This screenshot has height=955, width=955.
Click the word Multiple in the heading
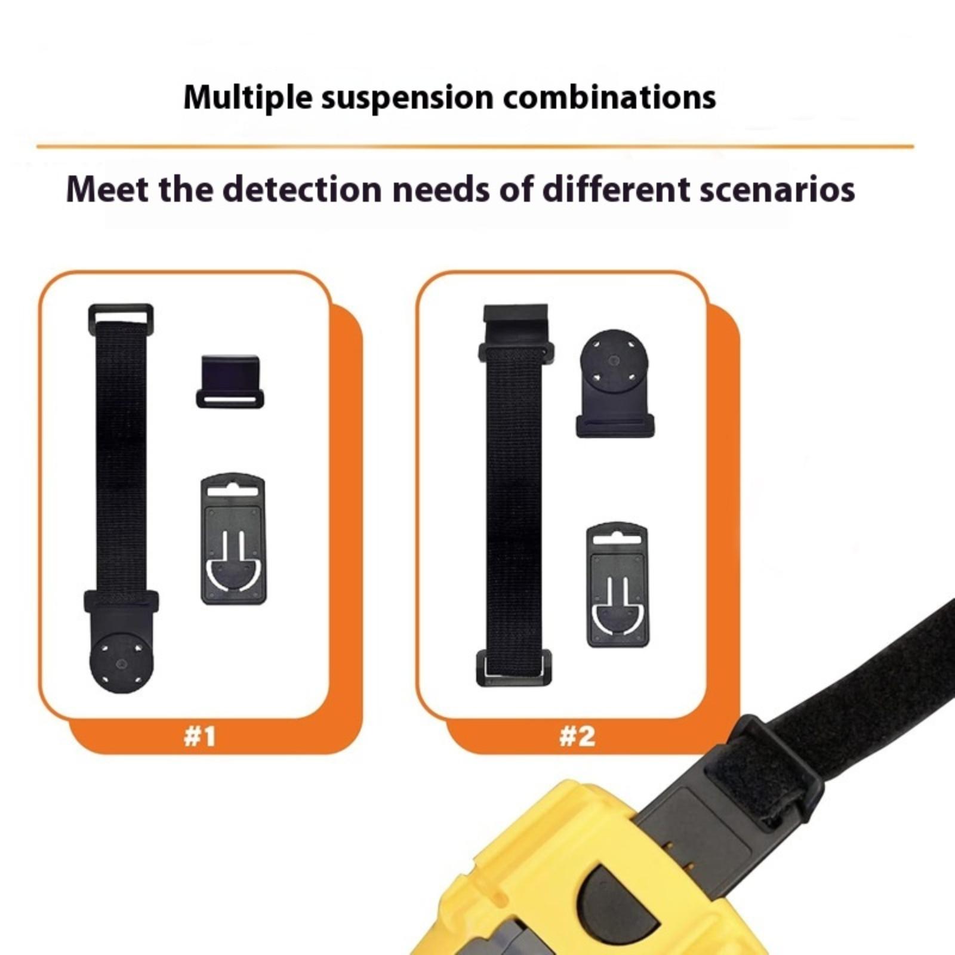pos(247,98)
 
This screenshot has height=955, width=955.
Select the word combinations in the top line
pos(609,97)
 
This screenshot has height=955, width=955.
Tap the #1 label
pos(199,736)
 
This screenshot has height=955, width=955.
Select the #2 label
pos(577,736)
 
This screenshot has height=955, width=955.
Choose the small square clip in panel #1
pos(230,382)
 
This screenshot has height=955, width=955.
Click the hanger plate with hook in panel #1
pos(233,539)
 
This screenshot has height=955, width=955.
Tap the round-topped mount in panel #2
pos(615,383)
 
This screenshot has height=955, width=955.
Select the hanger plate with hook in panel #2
pos(618,585)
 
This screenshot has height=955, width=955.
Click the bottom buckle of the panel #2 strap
pos(514,668)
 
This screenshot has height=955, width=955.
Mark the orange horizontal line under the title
pos(475,146)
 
